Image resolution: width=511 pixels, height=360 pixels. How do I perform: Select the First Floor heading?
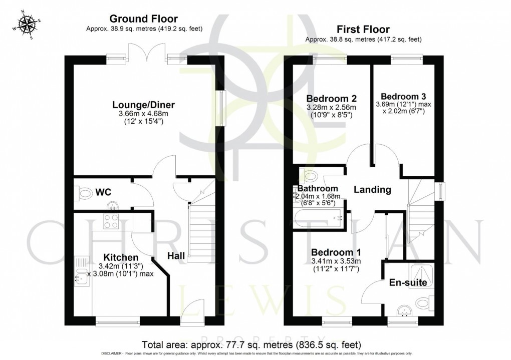pos(364,30)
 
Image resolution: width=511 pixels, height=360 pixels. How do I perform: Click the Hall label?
pos(176,256)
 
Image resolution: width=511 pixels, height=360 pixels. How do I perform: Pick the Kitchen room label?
pos(121,257)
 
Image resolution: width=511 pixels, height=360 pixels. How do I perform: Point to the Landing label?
pos(372,190)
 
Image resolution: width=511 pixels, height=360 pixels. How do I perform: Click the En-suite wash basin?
pos(403,312)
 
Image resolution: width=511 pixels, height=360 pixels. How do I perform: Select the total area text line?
pos(251,345)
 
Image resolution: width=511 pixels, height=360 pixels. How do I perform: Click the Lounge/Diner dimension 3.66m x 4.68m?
pos(143,114)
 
